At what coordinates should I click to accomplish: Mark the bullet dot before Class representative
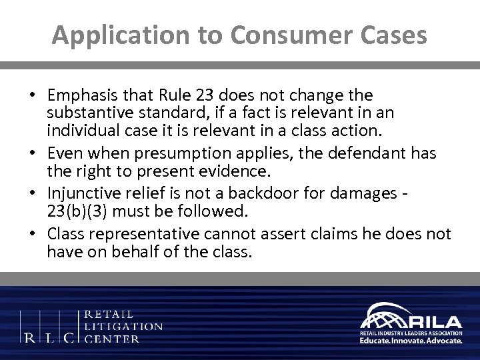tap(33, 235)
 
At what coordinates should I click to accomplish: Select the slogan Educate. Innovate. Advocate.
tap(410, 339)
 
